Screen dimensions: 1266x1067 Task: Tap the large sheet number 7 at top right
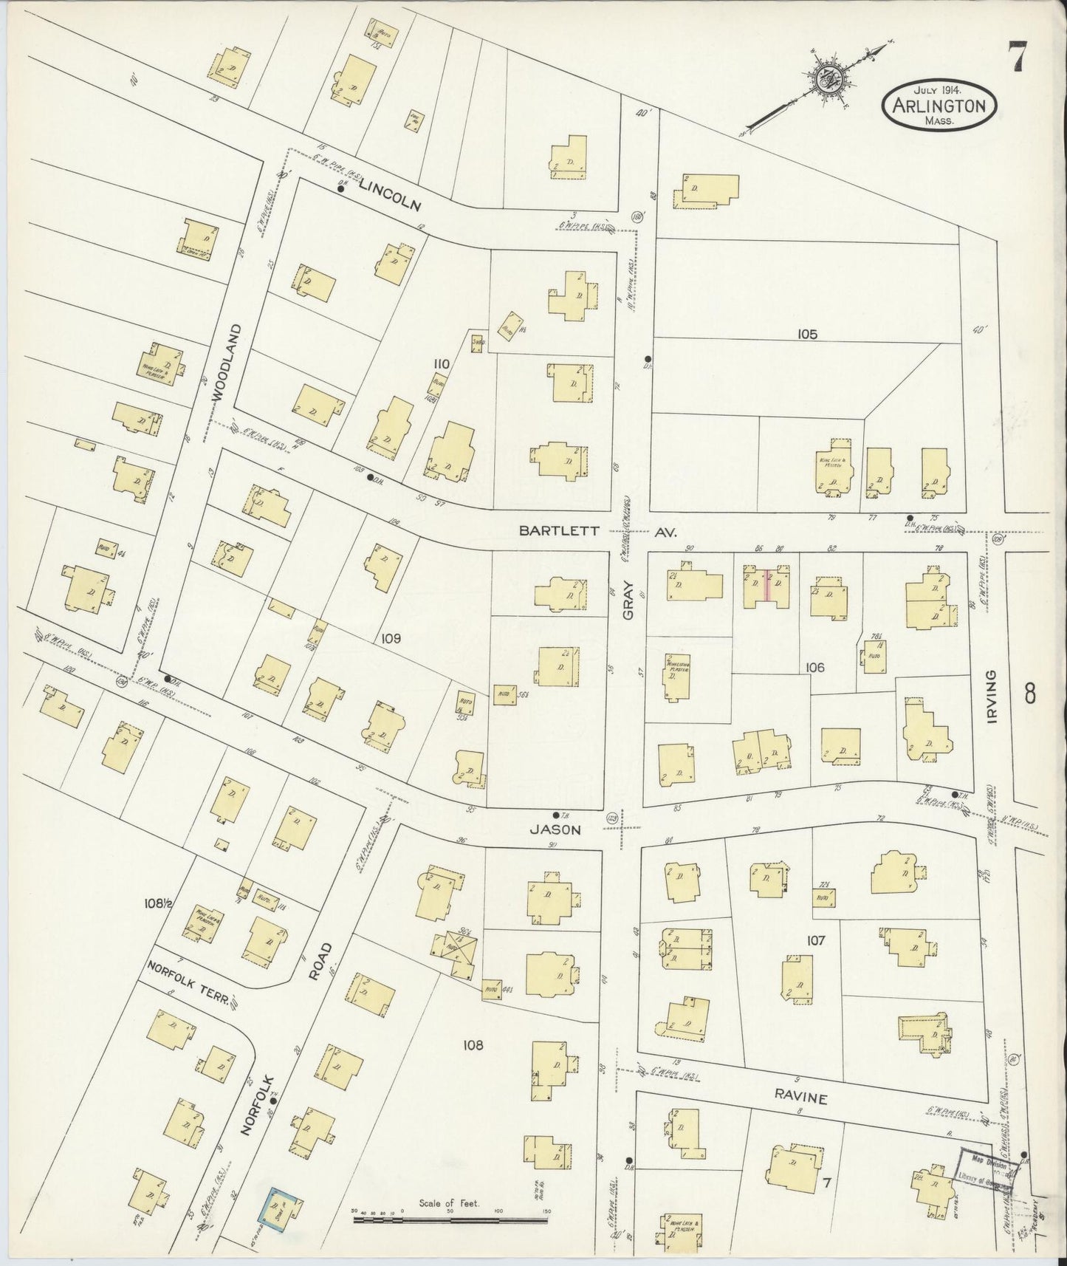pyautogui.click(x=1018, y=56)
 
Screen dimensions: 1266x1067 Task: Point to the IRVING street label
pyautogui.click(x=991, y=696)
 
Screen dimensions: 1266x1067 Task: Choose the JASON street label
pyautogui.click(x=555, y=829)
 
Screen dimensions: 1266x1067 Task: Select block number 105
pyautogui.click(x=807, y=334)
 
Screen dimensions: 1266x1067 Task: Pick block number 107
pyautogui.click(x=815, y=941)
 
